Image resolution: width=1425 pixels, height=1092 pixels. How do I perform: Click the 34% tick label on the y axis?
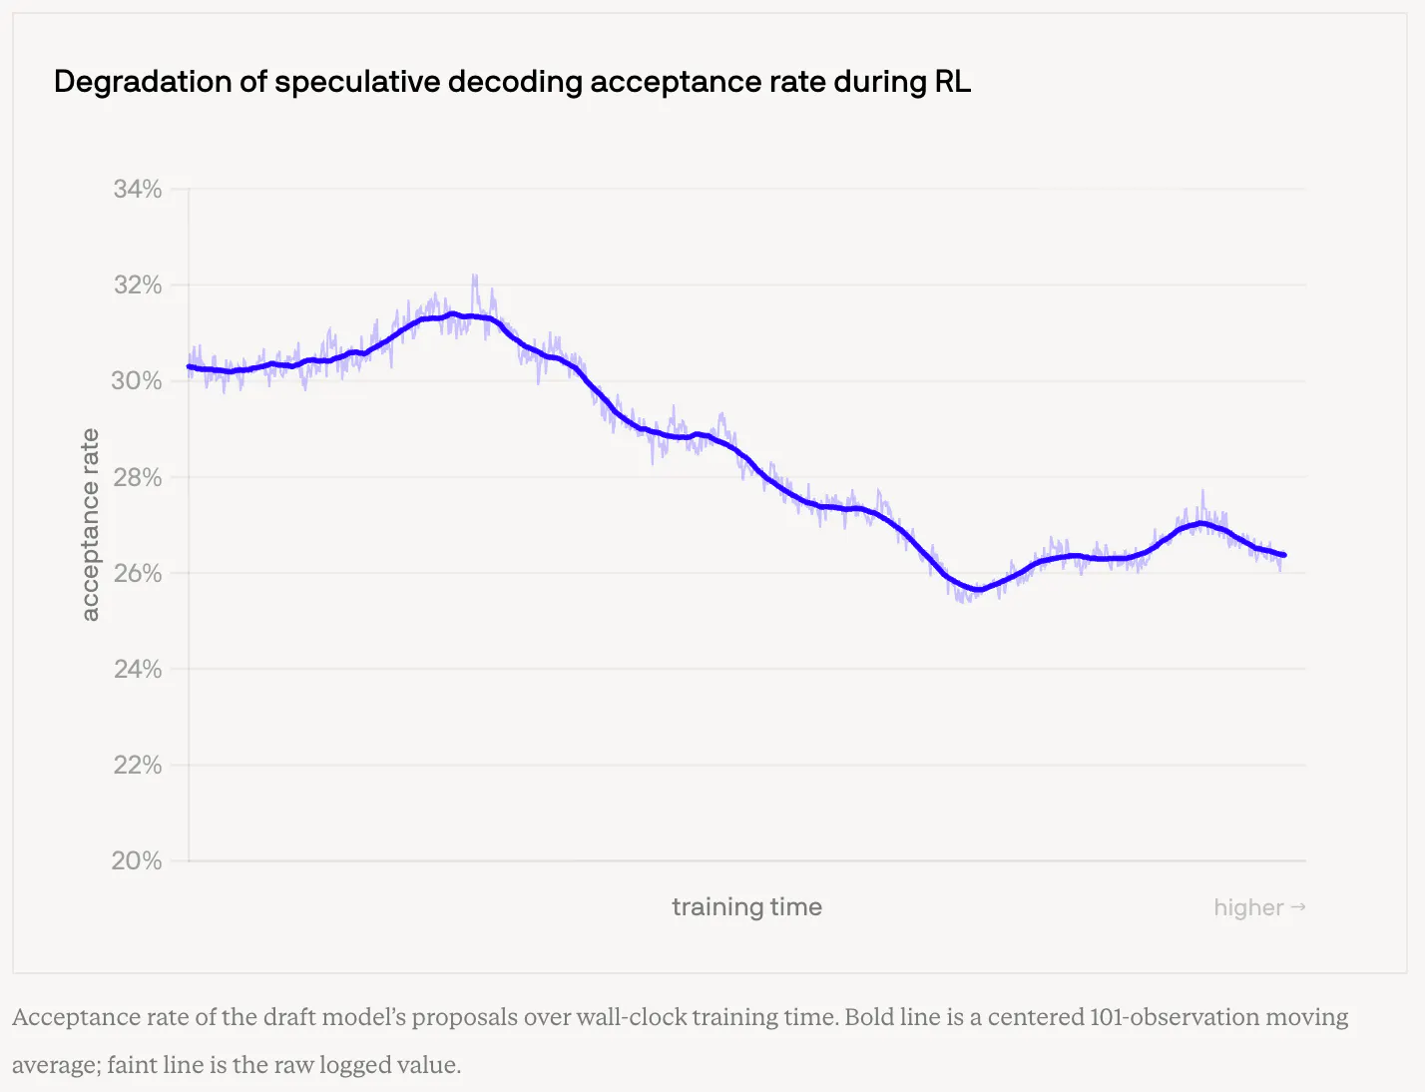[x=137, y=189]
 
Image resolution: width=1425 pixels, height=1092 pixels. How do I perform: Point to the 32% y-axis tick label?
[x=137, y=285]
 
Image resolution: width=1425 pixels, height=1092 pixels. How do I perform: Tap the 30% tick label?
[x=137, y=381]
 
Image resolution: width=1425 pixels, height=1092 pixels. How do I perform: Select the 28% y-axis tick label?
[x=137, y=477]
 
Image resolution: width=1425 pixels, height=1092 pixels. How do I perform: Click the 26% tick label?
[x=137, y=573]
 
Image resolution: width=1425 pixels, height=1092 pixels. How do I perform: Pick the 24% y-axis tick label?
[x=137, y=669]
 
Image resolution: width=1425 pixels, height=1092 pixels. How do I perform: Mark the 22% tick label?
[x=137, y=765]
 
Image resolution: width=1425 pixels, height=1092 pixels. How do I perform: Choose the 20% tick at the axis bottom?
[x=137, y=860]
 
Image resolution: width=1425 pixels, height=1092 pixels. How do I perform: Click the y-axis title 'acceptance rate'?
[x=90, y=525]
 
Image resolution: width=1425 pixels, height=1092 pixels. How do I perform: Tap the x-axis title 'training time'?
[x=747, y=907]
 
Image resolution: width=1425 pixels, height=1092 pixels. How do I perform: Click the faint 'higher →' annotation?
[x=1259, y=907]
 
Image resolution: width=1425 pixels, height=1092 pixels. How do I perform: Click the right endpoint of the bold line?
[x=1284, y=555]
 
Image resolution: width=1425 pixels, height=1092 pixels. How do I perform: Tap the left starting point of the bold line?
[x=190, y=366]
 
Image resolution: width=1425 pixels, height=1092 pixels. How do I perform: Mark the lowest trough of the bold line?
[x=978, y=590]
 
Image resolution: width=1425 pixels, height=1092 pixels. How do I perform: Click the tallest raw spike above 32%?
[x=475, y=276]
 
